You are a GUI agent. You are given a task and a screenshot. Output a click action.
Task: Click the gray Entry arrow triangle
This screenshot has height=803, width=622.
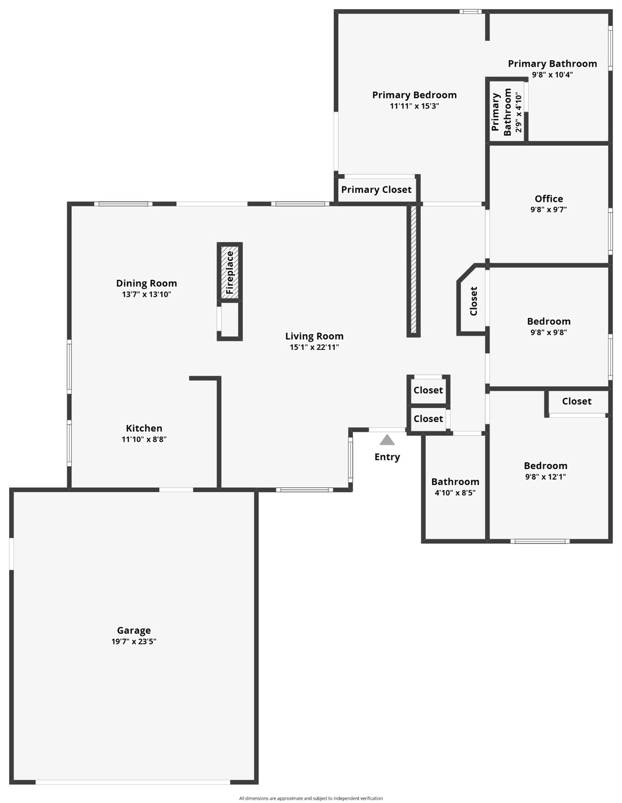387,440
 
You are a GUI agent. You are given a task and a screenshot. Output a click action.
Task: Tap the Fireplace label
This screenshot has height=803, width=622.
229,273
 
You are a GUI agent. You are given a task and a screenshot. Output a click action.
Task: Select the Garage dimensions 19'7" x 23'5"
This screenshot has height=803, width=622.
134,641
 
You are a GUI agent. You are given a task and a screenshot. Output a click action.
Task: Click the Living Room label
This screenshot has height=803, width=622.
314,336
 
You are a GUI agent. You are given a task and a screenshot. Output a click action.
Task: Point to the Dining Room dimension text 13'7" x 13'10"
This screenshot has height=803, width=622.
146,294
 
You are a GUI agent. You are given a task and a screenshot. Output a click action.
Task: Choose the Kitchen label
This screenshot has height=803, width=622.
144,428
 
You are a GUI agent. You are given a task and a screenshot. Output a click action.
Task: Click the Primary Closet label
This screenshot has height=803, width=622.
376,190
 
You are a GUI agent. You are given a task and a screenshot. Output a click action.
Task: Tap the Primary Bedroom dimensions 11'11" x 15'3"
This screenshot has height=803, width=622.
414,106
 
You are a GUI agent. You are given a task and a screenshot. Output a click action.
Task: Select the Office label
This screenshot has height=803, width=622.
549,198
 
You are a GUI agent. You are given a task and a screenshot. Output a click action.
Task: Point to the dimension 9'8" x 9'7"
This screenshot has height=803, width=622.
549,209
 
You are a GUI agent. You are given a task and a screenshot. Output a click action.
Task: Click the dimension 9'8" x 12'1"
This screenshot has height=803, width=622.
545,477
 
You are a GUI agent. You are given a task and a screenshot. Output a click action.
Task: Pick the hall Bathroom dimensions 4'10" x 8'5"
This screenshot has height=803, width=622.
455,493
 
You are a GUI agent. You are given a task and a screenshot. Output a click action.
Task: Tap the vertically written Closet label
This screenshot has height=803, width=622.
474,301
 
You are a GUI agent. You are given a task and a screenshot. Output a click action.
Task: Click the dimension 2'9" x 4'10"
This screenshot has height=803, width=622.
519,112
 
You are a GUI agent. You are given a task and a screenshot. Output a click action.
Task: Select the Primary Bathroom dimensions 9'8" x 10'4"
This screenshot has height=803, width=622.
552,74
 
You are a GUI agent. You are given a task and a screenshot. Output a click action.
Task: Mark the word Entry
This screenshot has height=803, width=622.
387,457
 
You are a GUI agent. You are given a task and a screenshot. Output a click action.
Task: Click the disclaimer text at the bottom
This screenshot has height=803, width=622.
311,798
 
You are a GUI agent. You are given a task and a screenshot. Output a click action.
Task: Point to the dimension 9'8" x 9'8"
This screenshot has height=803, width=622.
549,332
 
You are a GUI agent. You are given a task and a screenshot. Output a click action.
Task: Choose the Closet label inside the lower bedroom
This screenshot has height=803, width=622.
576,401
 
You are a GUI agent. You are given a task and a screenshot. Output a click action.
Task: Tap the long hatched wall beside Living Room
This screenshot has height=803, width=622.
414,270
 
